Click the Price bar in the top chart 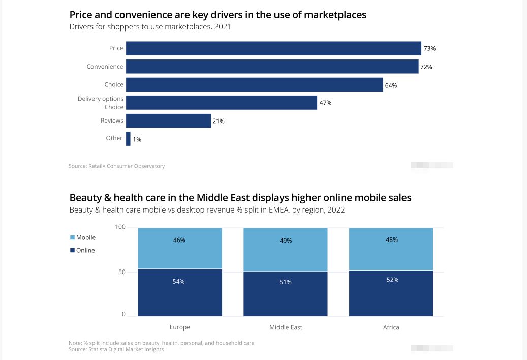point(273,48)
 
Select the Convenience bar point(272,67)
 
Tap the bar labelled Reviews point(168,121)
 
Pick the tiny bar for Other point(128,139)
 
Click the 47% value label point(325,103)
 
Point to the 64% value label point(391,85)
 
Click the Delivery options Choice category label point(101,103)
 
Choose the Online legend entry point(82,250)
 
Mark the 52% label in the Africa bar point(392,280)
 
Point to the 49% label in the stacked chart point(286,241)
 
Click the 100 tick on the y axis point(120,227)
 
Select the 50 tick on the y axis point(122,272)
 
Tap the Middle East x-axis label point(286,327)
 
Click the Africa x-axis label point(391,327)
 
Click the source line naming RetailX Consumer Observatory point(117,166)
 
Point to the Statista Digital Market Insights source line point(116,349)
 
